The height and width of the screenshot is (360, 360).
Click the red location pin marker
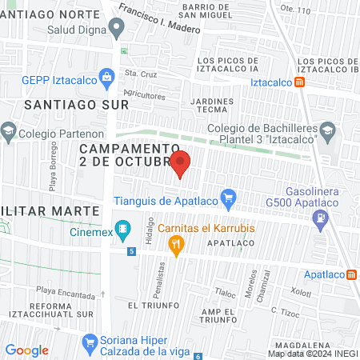(180, 163)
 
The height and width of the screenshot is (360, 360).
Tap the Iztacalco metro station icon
(299, 82)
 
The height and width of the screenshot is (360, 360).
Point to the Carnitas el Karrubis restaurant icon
(178, 242)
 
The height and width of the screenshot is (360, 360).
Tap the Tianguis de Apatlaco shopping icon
(229, 196)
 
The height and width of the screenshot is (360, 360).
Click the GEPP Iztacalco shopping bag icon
(106, 78)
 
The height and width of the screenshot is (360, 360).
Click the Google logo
(27, 350)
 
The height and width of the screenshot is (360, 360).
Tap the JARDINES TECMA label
(213, 107)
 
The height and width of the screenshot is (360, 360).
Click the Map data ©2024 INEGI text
(311, 353)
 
